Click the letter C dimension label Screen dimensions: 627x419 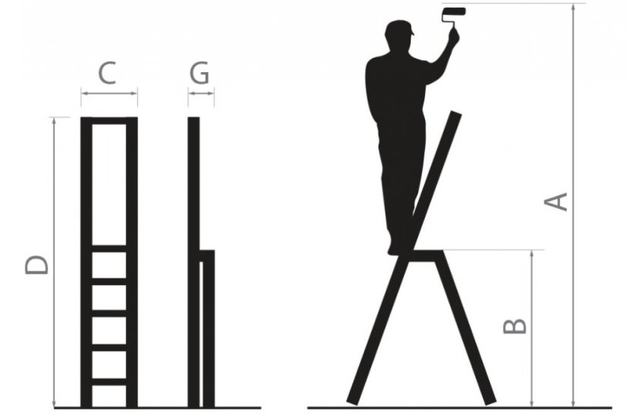coord(107,73)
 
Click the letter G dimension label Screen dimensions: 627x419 coord(199,73)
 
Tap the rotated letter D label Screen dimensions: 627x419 coord(36,265)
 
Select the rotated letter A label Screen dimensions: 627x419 coord(556,202)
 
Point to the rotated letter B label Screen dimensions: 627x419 coord(515,326)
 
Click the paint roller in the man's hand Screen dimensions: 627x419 coord(454,17)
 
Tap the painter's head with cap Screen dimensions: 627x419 coord(399,35)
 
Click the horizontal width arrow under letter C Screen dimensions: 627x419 coord(109,94)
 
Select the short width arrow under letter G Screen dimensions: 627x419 coord(201,94)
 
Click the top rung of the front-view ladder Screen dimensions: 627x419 coord(109,249)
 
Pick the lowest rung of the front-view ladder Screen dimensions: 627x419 coord(109,381)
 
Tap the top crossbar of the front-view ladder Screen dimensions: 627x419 coord(109,121)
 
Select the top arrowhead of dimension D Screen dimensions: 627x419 coord(55,122)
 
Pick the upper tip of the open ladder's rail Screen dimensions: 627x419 coord(456,113)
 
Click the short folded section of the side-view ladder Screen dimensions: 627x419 coord(207,329)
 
